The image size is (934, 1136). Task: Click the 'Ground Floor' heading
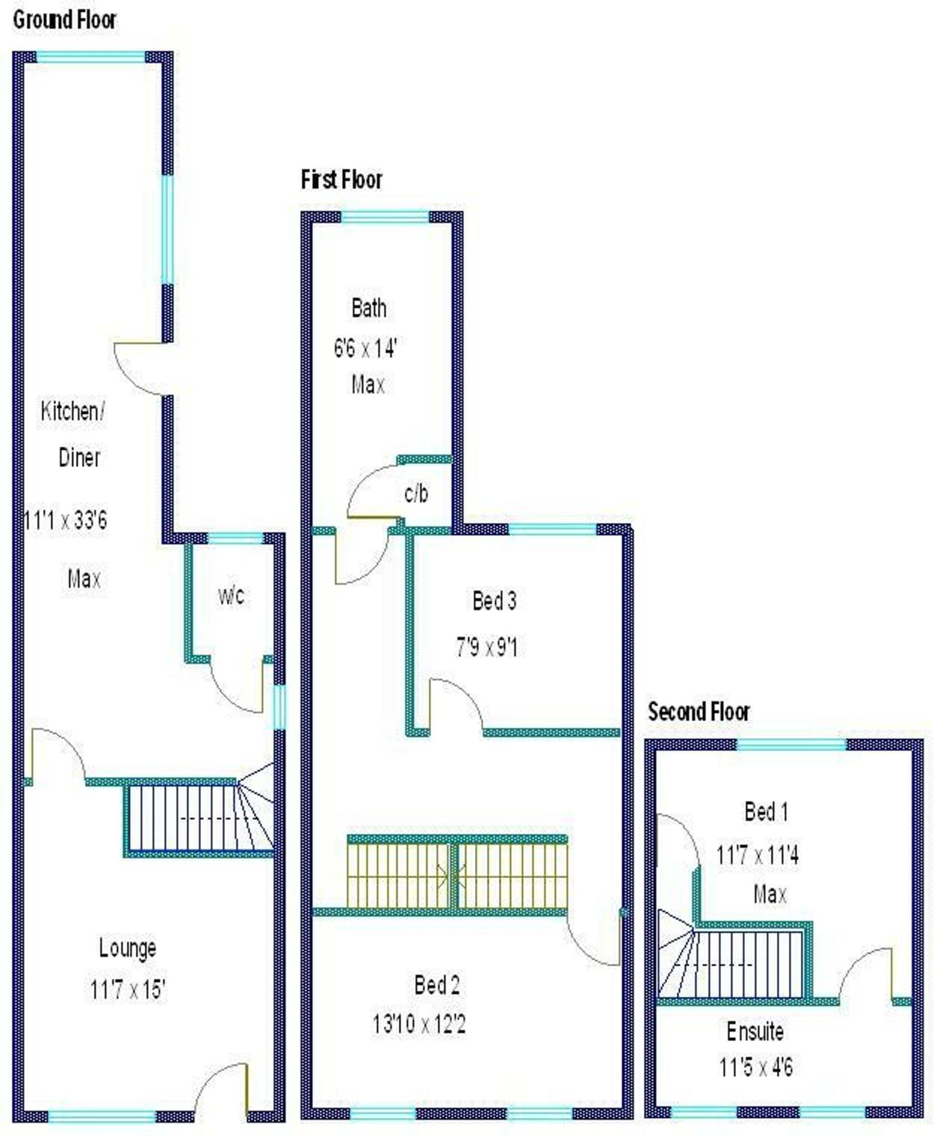[65, 21]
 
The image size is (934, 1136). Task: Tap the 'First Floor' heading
[342, 180]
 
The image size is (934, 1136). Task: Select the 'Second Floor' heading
[699, 712]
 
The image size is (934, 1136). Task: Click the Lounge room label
[128, 948]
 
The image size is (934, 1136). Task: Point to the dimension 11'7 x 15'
[128, 990]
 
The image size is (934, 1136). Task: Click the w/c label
[231, 596]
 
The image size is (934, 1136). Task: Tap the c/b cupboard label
[416, 493]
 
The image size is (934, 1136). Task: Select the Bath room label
[369, 308]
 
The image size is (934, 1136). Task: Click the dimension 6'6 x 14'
[366, 349]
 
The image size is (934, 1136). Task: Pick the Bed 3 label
[494, 601]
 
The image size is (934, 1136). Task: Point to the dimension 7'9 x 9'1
[487, 647]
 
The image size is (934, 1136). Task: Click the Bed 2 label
[437, 986]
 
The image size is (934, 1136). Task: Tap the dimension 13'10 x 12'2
[419, 1024]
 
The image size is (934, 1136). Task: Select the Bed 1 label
[766, 812]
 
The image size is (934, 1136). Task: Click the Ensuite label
[755, 1032]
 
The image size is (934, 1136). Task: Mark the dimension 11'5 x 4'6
[756, 1067]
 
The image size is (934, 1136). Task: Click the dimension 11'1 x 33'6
[65, 520]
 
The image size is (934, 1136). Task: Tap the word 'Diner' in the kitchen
[79, 458]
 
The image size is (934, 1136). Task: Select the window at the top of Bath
[385, 217]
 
